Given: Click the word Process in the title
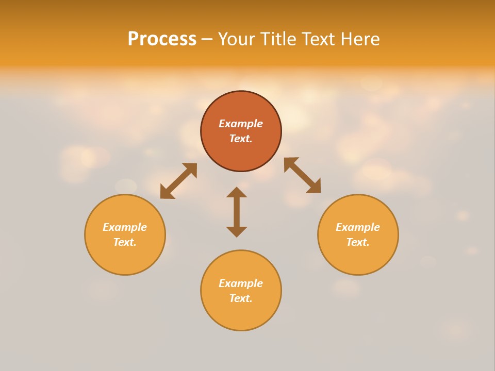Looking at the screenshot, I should tap(162, 39).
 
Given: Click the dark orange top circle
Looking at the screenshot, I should tap(241, 106).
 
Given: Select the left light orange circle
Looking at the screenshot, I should tap(125, 258).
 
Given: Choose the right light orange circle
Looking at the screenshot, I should tap(358, 258).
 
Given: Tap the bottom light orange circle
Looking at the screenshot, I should tap(241, 314).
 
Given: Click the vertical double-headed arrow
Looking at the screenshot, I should tap(237, 212).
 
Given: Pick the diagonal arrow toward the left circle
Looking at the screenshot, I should tap(178, 181).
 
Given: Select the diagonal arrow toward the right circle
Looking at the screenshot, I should tap(302, 175).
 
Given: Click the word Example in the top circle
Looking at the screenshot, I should tap(241, 124).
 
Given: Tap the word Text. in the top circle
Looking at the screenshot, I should tap(241, 139).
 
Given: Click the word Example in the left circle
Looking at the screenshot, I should tap(125, 227).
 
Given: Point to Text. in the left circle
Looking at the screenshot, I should tap(125, 242).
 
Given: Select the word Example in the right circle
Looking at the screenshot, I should tap(358, 227).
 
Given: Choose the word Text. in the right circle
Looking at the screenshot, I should tap(358, 242).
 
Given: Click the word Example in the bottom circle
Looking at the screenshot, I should tap(241, 283).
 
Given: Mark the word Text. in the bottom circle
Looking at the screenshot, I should tap(241, 298).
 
